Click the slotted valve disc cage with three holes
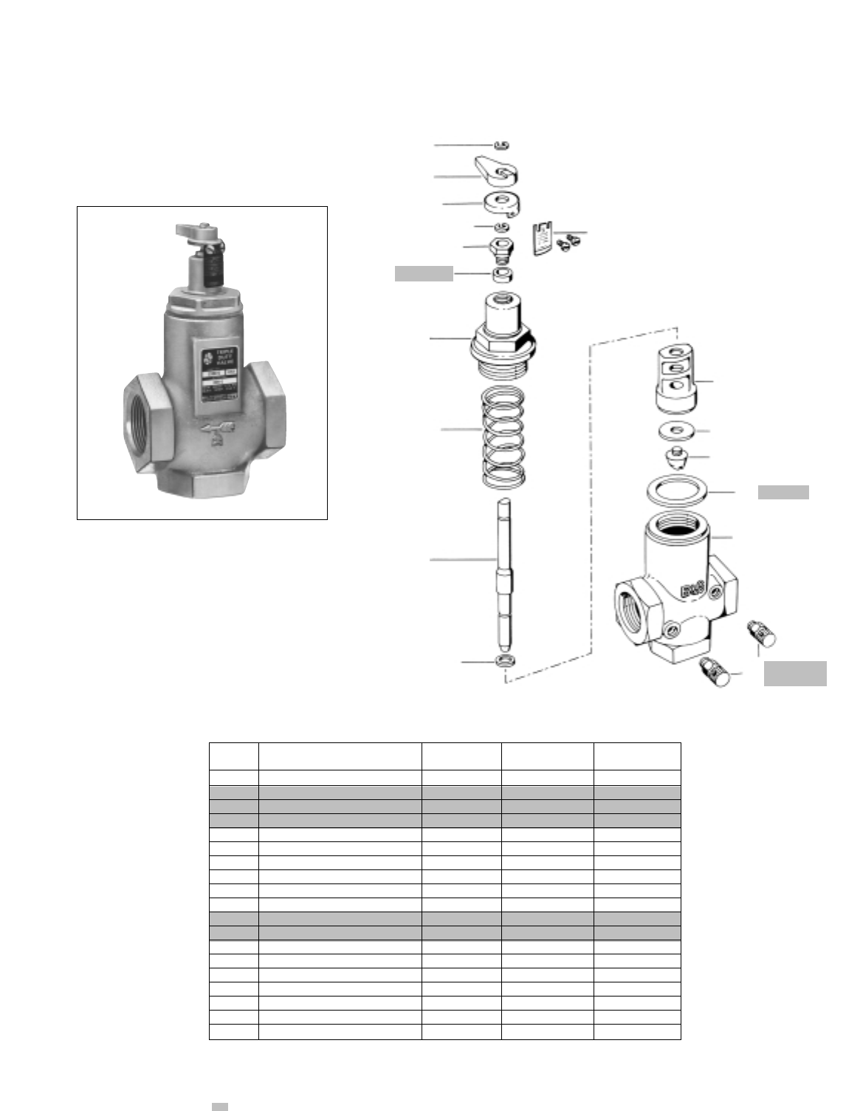[675, 377]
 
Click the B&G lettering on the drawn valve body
[690, 589]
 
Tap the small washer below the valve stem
[506, 660]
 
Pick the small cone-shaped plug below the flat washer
[675, 459]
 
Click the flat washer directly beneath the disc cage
[674, 431]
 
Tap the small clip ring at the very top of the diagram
[501, 145]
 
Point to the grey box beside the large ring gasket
[783, 493]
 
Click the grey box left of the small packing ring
[424, 274]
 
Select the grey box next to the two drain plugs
[795, 674]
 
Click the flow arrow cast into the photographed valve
[219, 426]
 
